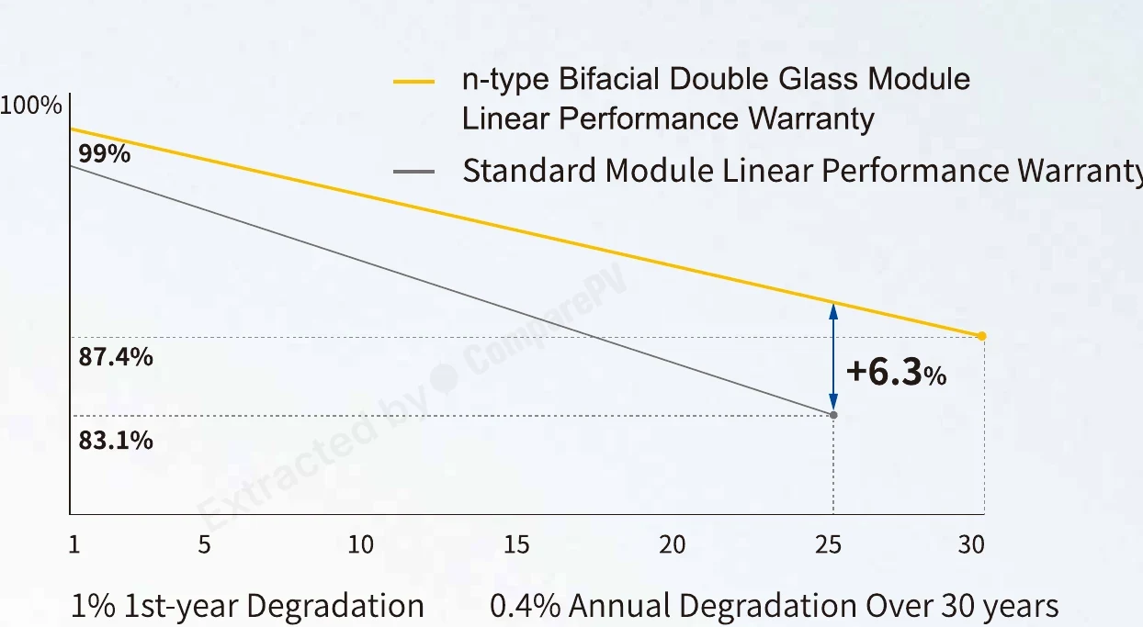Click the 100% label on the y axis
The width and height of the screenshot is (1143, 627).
point(30,106)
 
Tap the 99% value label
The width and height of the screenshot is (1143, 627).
point(105,153)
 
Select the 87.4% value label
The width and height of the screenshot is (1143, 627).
point(116,356)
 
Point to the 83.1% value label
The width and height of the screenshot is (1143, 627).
point(116,440)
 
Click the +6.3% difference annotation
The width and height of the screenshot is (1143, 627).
point(897,372)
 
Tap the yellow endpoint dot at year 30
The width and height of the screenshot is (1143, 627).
point(982,336)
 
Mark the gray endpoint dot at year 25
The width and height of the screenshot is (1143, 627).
point(833,415)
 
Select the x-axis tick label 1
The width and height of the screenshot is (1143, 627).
point(74,545)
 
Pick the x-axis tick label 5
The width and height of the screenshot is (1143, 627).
point(205,545)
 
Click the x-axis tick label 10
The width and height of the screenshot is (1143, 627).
point(361,545)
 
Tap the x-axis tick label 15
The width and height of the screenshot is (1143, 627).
point(516,545)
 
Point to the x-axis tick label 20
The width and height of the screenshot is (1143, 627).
point(672,545)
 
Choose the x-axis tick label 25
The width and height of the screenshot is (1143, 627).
point(828,545)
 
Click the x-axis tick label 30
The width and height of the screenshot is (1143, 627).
point(971,545)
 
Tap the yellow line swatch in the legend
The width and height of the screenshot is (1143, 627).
point(413,82)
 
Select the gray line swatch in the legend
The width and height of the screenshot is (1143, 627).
point(413,172)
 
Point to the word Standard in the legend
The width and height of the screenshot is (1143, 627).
point(529,170)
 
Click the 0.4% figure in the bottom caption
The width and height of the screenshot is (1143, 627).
point(525,606)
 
